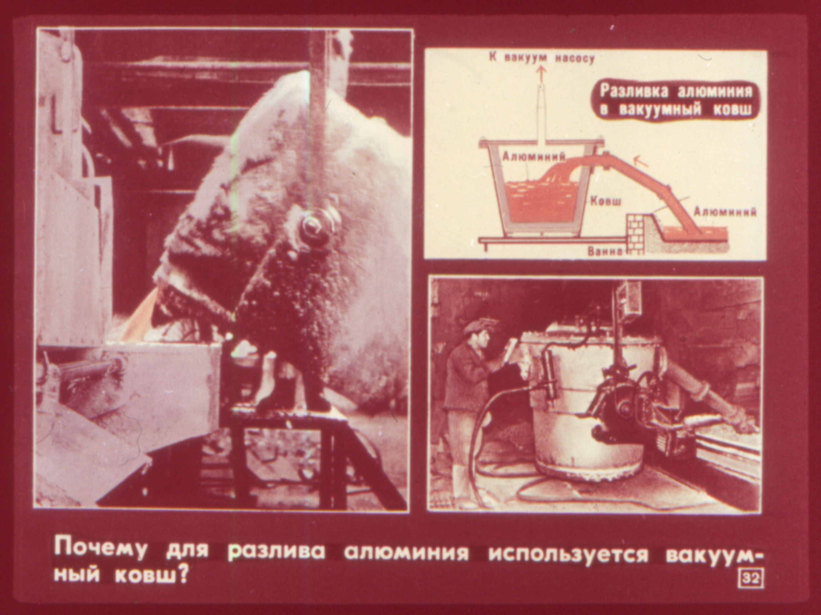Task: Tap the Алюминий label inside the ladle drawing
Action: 533,157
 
